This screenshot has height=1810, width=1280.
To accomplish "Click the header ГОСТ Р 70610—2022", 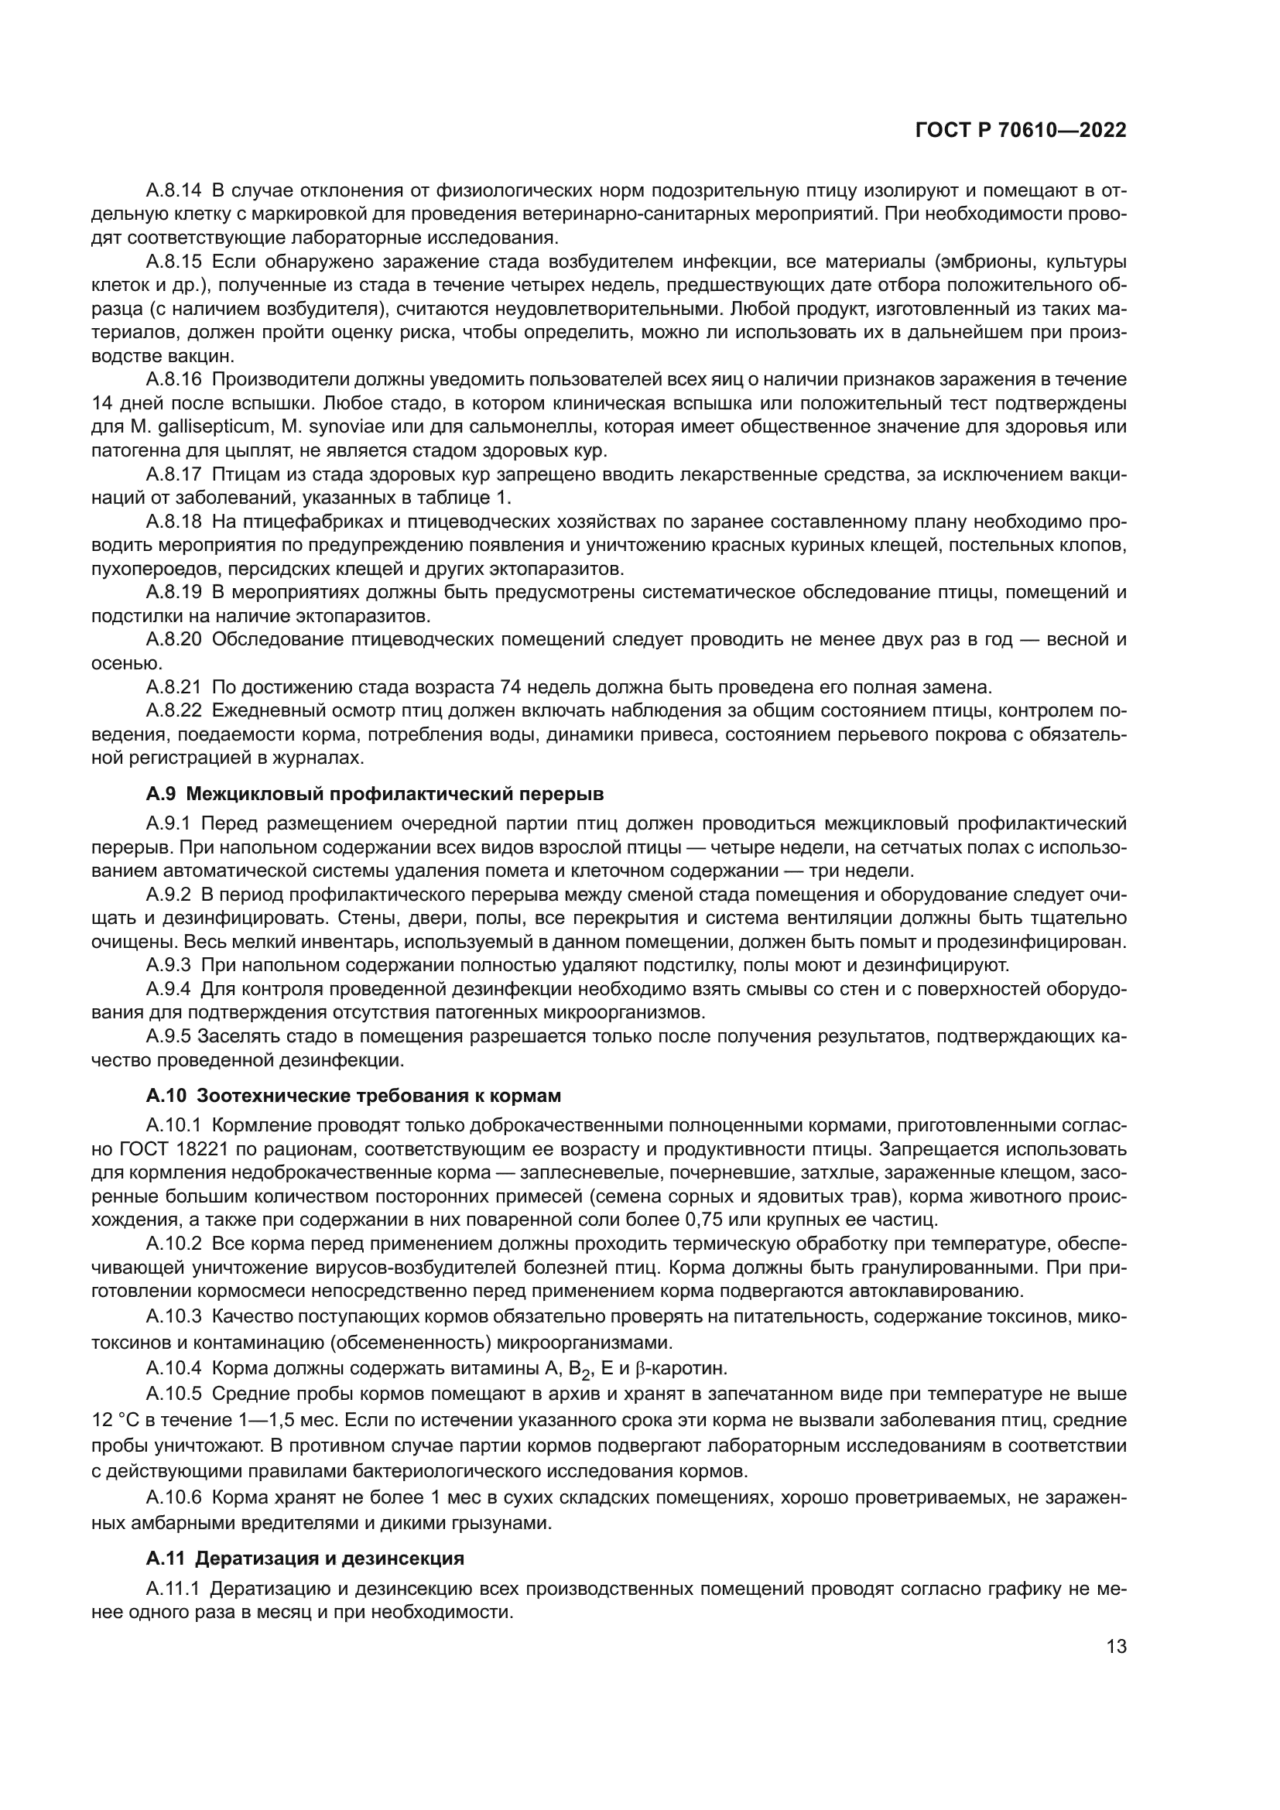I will (x=1021, y=131).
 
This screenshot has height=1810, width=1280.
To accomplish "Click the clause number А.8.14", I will (x=173, y=190).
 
